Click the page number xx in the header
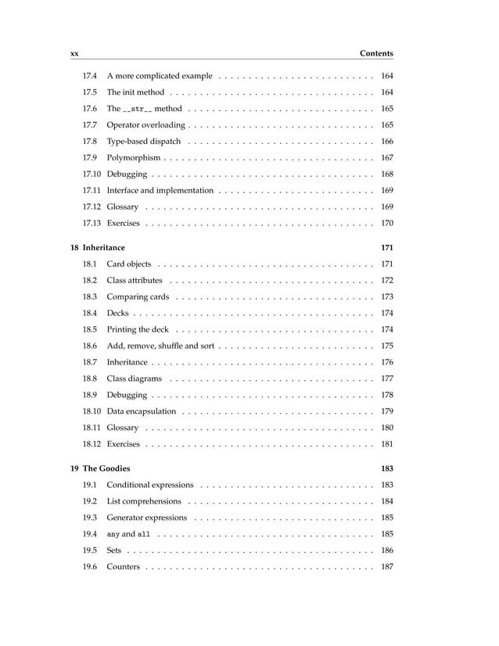coord(74,54)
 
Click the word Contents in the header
coord(376,54)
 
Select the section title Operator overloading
coord(145,125)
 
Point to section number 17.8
coord(90,142)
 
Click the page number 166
coord(386,142)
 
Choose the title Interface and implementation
coord(160,191)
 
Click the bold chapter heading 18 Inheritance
coord(98,248)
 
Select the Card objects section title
coord(129,264)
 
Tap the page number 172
coord(386,281)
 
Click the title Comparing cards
coord(138,297)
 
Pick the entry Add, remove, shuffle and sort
coord(160,346)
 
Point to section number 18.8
coord(90,379)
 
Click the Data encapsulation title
coord(142,411)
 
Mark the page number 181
coord(386,444)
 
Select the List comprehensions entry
coord(144,501)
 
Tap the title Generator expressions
coord(147,518)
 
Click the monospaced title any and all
coord(128,534)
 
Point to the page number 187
coord(386,567)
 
